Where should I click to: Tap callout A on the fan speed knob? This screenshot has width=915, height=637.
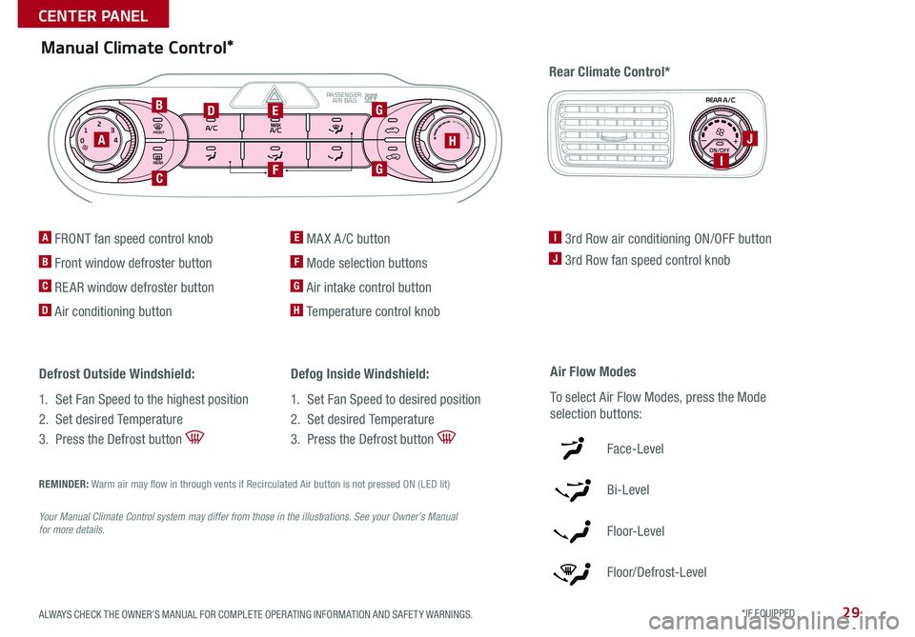[100, 138]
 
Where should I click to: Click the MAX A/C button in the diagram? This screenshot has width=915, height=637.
[275, 128]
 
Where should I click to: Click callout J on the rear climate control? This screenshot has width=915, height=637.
[752, 138]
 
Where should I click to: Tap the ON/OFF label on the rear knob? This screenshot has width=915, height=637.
[720, 149]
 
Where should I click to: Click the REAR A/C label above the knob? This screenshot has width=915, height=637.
[720, 99]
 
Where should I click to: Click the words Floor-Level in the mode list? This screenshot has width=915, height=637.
[635, 531]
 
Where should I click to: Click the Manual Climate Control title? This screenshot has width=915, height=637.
[137, 47]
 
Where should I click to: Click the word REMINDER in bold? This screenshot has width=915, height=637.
[63, 484]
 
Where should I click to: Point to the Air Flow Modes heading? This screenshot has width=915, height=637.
[593, 371]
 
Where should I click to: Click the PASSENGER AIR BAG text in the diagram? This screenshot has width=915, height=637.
[341, 97]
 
